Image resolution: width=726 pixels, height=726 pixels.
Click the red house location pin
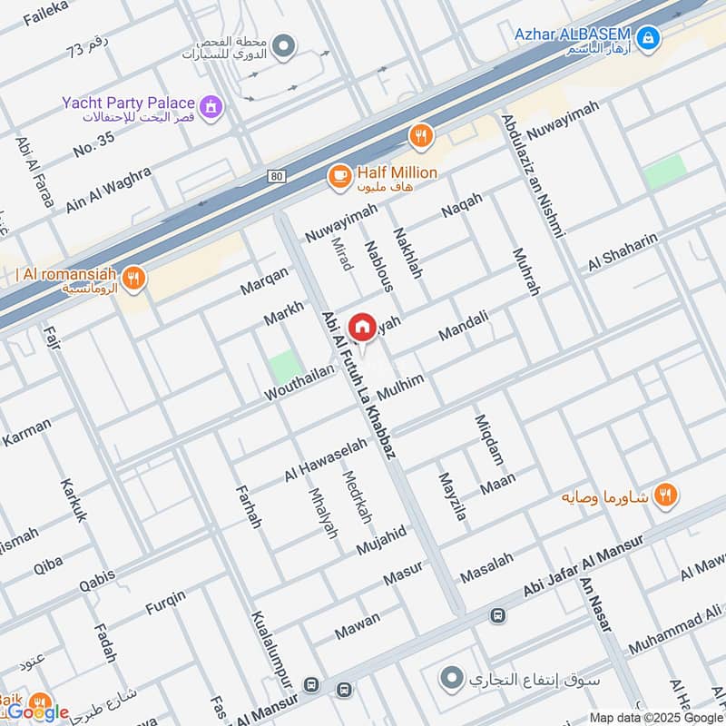361,328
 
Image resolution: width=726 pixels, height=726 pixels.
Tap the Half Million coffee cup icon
339,177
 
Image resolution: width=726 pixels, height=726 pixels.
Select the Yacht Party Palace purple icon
212,107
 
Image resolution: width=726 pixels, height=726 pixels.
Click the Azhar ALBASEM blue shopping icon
648,38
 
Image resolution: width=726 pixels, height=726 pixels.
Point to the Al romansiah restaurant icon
133,279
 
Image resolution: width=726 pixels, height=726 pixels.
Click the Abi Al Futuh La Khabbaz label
358,386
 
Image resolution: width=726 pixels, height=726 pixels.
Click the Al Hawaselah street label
325,459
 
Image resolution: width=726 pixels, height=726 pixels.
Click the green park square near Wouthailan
284,367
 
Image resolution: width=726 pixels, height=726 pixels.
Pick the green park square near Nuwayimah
664,172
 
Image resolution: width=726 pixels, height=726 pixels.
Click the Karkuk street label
74,500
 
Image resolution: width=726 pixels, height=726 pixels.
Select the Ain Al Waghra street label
106,186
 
